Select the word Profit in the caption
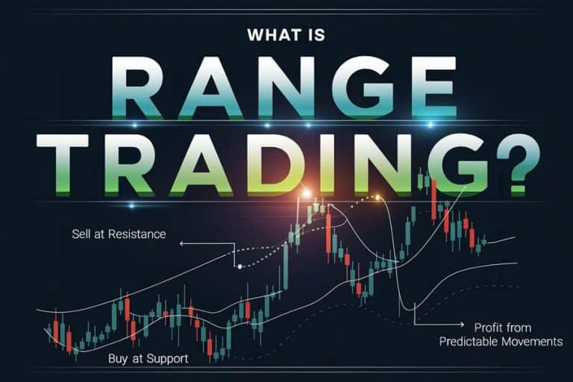point(489,327)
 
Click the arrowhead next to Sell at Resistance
point(181,243)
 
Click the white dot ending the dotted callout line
point(239,266)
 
